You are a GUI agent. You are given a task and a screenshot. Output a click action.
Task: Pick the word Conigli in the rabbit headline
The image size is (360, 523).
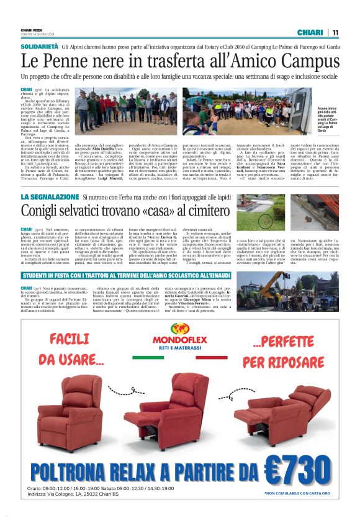click(x=47, y=211)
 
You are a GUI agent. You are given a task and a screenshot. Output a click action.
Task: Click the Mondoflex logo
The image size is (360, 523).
click(x=180, y=341)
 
